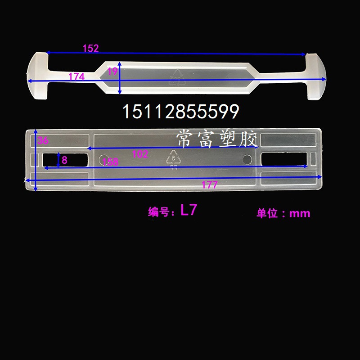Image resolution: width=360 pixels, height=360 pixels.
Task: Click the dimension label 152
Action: click(90, 49)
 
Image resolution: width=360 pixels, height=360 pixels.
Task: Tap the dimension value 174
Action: click(76, 77)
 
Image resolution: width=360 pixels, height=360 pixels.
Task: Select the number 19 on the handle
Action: click(112, 71)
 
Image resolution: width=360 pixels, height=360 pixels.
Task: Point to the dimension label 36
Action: click(43, 140)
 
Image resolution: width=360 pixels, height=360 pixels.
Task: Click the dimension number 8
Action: click(64, 160)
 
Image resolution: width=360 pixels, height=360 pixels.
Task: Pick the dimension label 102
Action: click(140, 154)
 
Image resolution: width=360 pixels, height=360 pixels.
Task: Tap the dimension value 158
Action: click(110, 162)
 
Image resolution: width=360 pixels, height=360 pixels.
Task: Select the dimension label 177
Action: click(209, 185)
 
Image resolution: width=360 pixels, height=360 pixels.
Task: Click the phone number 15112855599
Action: click(180, 112)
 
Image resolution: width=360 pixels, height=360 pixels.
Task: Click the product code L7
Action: click(188, 211)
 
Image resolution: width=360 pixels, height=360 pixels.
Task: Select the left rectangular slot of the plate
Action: click(65, 159)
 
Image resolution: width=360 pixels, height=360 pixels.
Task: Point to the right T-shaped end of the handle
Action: click(316, 76)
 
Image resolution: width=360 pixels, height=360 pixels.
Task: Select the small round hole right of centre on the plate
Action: click(247, 159)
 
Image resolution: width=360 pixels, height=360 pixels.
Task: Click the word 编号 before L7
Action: click(159, 212)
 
